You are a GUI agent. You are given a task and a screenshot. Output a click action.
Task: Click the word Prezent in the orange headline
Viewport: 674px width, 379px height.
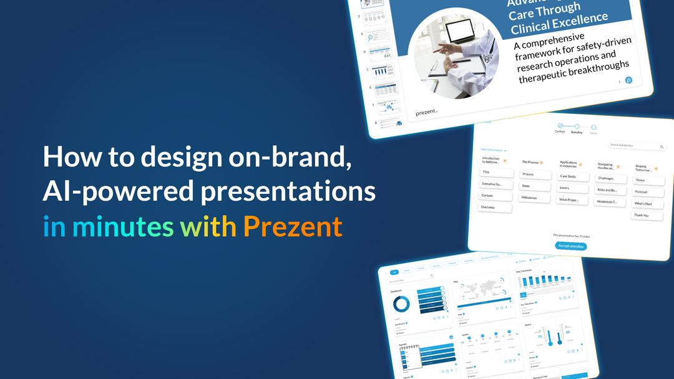click(x=293, y=226)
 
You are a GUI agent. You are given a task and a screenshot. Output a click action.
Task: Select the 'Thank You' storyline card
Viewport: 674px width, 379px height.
click(x=642, y=215)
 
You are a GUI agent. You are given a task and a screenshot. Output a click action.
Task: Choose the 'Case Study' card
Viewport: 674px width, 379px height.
click(x=568, y=176)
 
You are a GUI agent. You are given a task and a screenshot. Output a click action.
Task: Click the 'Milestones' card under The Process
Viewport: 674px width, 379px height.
click(x=529, y=197)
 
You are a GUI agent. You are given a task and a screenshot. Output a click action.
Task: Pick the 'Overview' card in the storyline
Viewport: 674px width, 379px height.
click(x=488, y=207)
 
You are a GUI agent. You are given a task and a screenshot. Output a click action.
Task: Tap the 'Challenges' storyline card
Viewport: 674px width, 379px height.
click(x=605, y=178)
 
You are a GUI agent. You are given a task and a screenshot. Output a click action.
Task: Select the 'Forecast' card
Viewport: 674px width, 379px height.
click(x=642, y=192)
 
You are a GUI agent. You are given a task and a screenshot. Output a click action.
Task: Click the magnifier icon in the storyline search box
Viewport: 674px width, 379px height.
click(x=662, y=146)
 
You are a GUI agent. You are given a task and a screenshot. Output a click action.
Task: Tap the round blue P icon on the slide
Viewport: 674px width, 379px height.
click(x=628, y=80)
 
